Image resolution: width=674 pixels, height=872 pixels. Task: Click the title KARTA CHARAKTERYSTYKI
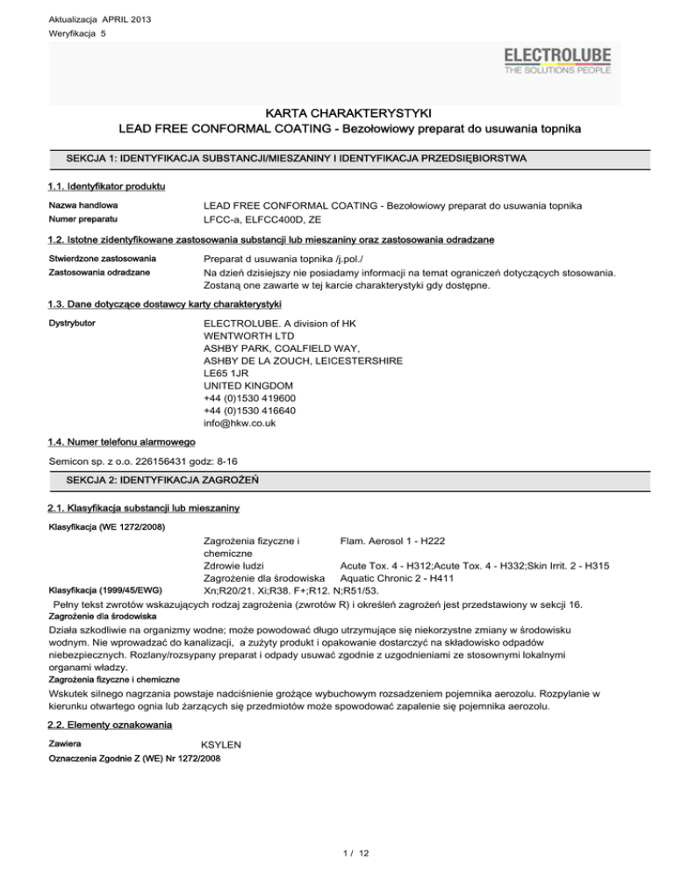pyautogui.click(x=337, y=113)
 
